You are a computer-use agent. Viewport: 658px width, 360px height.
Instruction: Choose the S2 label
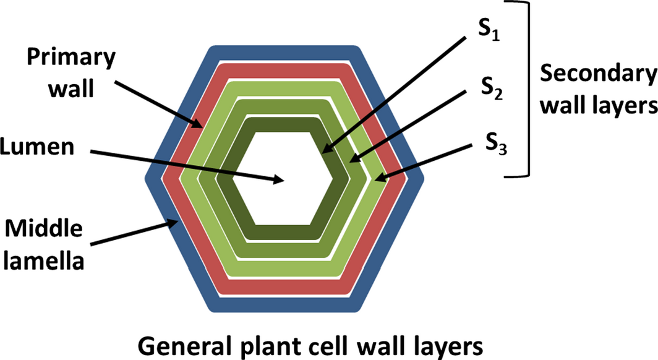click(x=488, y=92)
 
